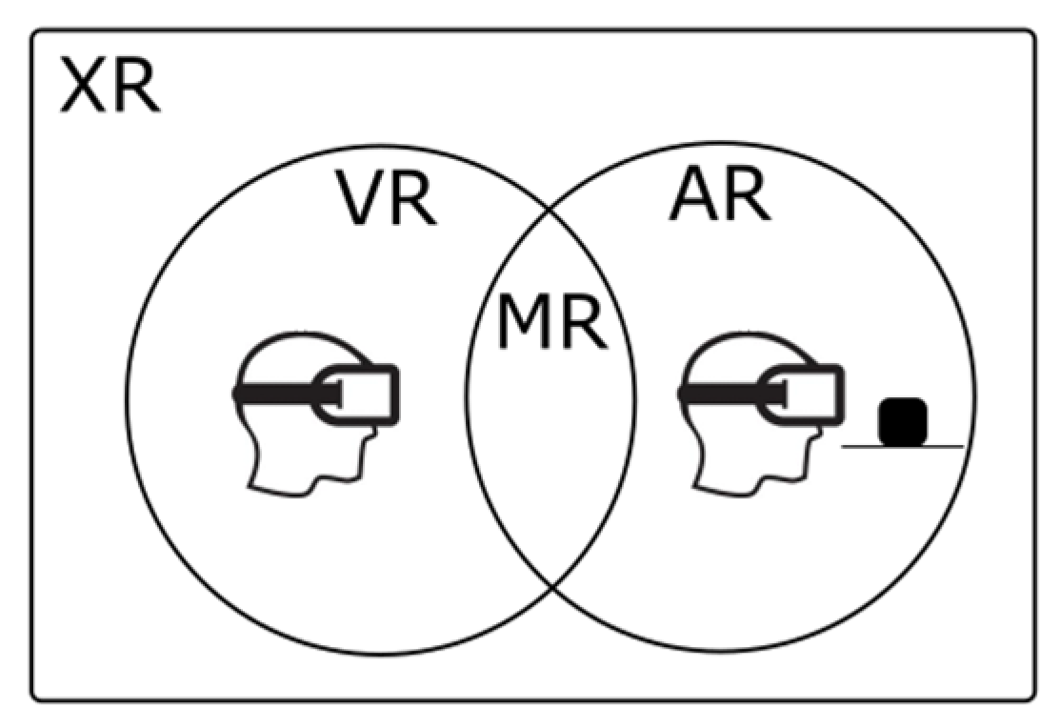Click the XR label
110,87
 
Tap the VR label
386,199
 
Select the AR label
719,195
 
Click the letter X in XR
83,87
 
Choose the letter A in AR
692,195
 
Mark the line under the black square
902,446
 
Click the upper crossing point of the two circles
551,211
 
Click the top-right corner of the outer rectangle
1032,32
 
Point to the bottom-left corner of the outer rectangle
33,699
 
